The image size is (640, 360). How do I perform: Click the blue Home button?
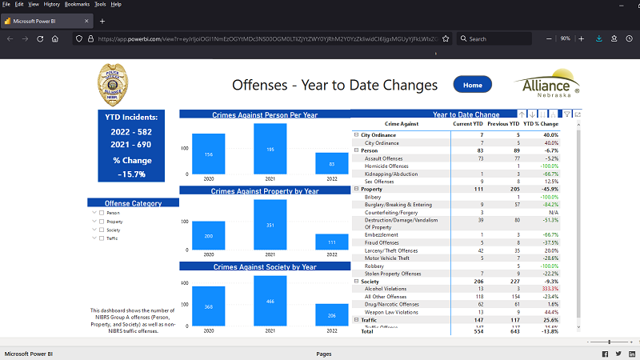[472, 85]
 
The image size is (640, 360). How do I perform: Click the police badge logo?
[113, 85]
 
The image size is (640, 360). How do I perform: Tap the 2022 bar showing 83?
[331, 163]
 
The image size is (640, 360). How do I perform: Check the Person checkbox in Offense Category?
[102, 213]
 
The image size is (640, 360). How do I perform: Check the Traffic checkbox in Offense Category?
[102, 238]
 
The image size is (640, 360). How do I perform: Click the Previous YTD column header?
[504, 124]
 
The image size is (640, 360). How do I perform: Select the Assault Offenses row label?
[384, 158]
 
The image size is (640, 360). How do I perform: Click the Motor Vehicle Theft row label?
[388, 258]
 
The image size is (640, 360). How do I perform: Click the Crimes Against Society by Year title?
[265, 266]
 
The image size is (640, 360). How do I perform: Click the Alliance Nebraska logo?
[547, 86]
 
